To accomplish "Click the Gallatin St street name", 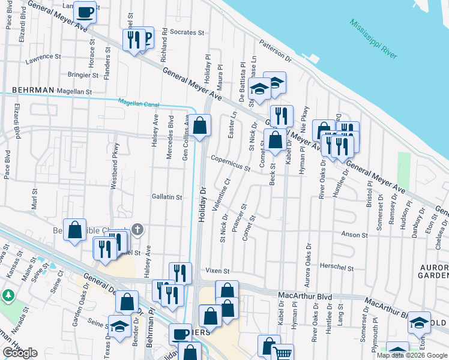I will pyautogui.click(x=166, y=197).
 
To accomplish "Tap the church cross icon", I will pyautogui.click(x=137, y=229).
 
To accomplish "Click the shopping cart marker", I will pyautogui.click(x=283, y=353).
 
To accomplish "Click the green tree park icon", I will pyautogui.click(x=8, y=296).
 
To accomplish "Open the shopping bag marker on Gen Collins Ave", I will pyautogui.click(x=201, y=126).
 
